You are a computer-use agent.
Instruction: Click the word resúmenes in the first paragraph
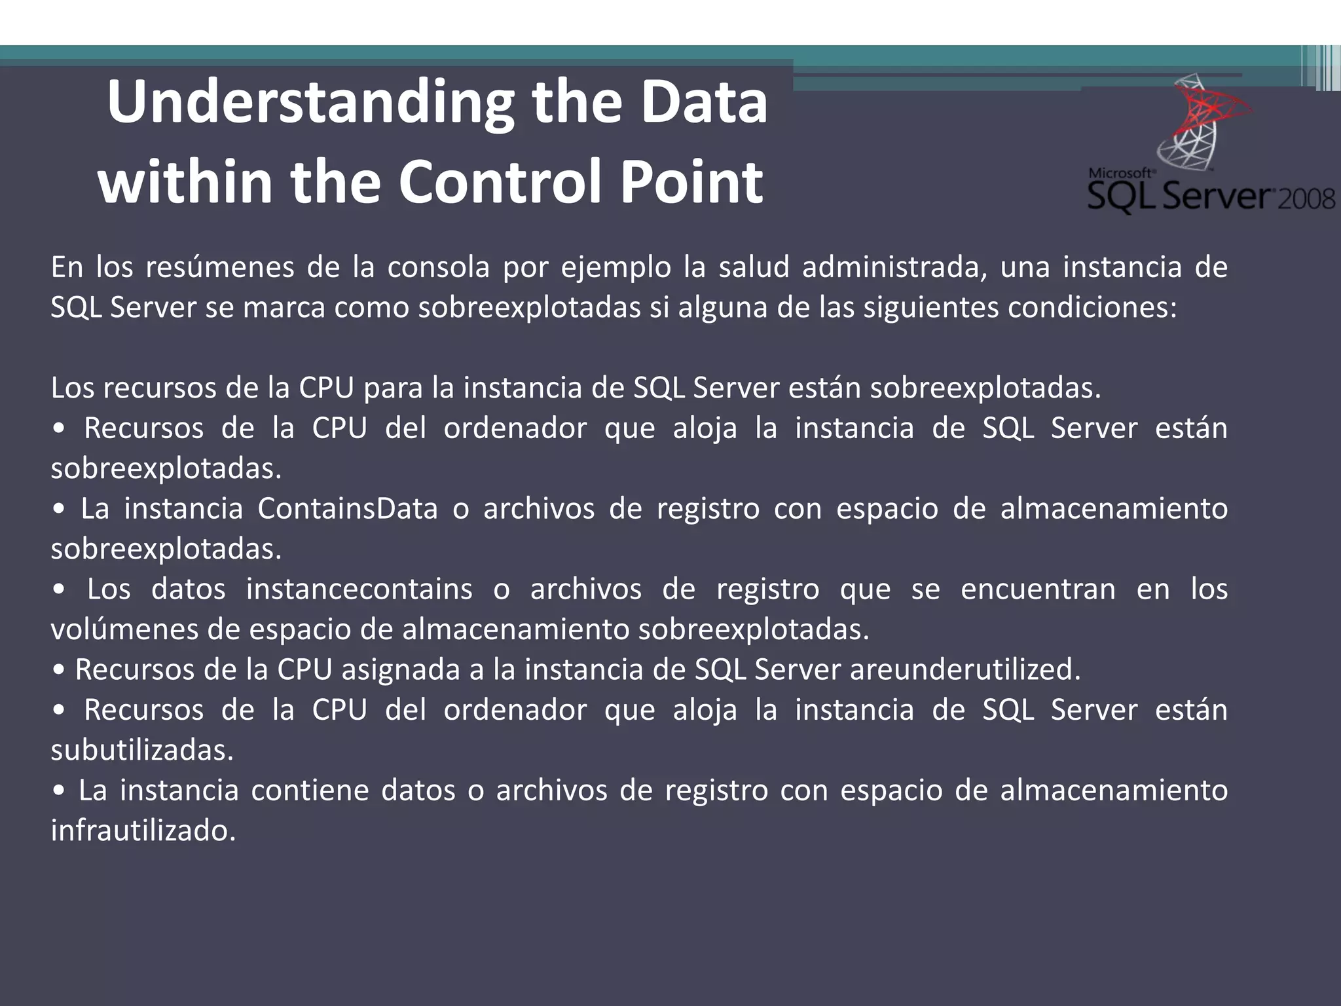tap(219, 268)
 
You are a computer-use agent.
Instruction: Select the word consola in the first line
tap(438, 268)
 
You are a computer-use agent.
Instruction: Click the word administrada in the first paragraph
tap(894, 268)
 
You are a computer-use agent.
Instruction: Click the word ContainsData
tap(347, 509)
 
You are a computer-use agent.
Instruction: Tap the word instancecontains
tap(359, 589)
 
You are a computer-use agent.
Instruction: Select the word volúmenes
tap(124, 630)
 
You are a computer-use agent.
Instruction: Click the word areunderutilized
tap(964, 670)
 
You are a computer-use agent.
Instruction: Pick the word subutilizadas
tap(141, 751)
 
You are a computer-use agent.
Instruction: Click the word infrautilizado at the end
tap(143, 831)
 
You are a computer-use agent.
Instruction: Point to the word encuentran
tap(1037, 589)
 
